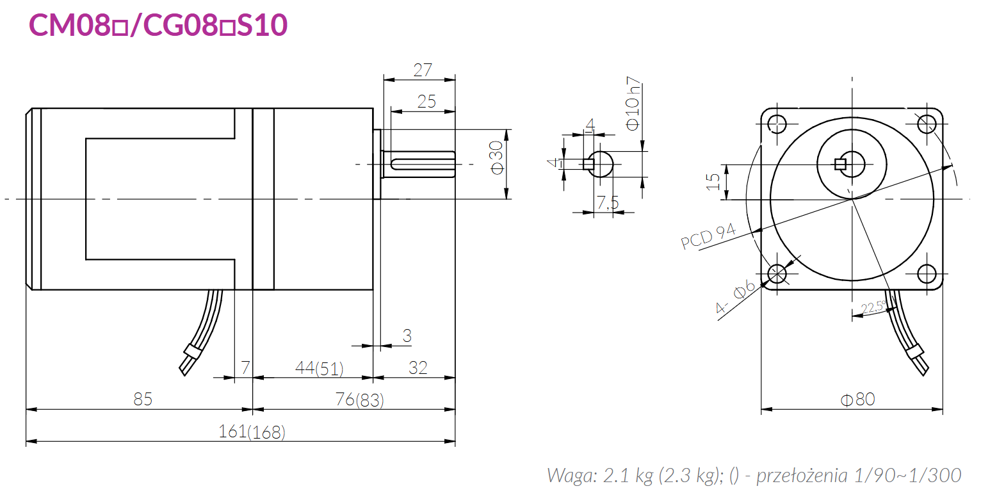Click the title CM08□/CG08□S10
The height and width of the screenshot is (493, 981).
point(158,25)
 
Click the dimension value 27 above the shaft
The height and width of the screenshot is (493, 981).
point(423,70)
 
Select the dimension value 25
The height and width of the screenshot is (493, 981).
point(426,101)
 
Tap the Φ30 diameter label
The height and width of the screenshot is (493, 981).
point(497,157)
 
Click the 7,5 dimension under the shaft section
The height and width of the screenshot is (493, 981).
point(608,203)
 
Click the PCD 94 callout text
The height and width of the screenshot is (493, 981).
point(708,237)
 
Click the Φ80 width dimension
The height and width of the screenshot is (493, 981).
point(857,400)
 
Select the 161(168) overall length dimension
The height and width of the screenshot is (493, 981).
point(252,432)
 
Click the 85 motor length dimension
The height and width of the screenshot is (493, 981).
point(143,400)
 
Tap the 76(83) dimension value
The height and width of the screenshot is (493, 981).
point(359,400)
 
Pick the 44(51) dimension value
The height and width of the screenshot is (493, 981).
point(319,368)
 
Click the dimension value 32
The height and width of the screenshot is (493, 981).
point(418,368)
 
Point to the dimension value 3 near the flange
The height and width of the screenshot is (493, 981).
point(407,335)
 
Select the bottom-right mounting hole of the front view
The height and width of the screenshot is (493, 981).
point(927,273)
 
